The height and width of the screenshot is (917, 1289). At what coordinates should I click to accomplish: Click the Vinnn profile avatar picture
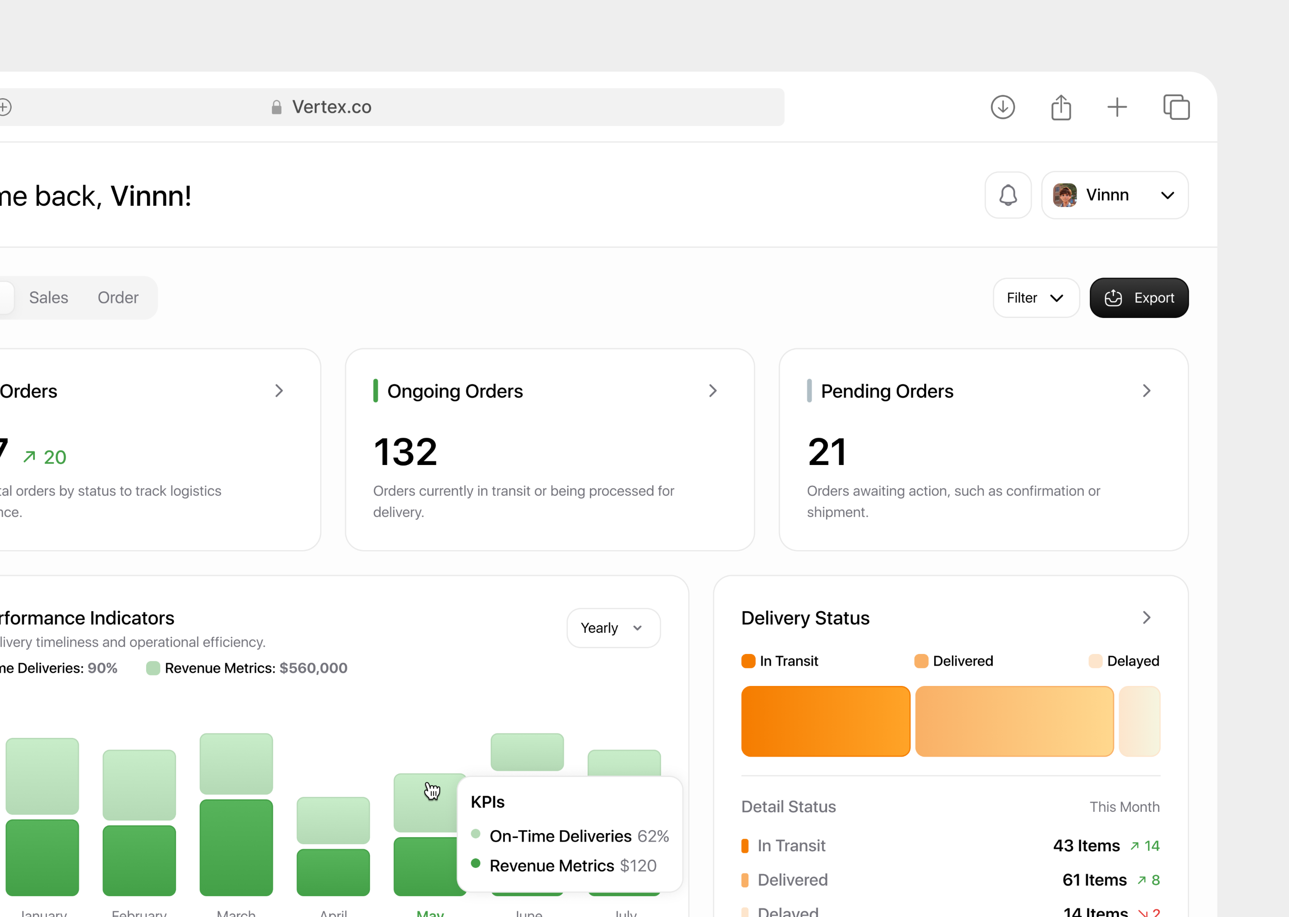coord(1064,195)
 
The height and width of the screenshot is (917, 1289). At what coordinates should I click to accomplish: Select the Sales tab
coord(49,298)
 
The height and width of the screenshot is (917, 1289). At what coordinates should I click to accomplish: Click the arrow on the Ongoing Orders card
coord(713,391)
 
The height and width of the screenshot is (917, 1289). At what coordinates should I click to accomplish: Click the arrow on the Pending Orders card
coord(1146,391)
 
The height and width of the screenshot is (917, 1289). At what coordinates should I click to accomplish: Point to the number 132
coord(405,452)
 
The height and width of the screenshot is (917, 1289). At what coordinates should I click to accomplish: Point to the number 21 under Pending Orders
coord(827,452)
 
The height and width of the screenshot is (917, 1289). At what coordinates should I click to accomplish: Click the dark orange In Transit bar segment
coord(825,721)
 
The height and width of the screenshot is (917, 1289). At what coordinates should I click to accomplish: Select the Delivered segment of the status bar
coord(1014,721)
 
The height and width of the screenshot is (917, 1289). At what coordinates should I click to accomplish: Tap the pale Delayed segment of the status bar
coord(1139,721)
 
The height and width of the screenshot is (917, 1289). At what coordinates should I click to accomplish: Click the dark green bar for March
coord(236,847)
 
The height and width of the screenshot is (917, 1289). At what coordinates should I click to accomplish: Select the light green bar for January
coord(42,776)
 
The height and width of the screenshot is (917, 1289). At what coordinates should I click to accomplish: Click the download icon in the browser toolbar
coord(1002,107)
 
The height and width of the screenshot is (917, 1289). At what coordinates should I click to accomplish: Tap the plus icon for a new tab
coord(1116,107)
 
